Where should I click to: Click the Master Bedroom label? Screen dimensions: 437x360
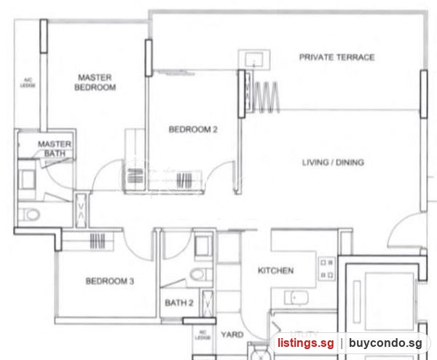(95, 82)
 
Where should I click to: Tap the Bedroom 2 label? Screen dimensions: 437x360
(193, 130)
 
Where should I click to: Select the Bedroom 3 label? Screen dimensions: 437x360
(110, 281)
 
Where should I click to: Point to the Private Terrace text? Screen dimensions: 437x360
(336, 57)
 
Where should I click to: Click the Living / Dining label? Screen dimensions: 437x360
(333, 163)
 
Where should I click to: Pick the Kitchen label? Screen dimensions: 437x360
(275, 270)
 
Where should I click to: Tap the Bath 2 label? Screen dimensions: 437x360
(179, 302)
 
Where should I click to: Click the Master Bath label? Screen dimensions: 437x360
(55, 149)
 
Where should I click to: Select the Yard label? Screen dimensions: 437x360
(232, 334)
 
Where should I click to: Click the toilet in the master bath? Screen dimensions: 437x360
(31, 215)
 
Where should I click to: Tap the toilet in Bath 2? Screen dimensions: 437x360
(198, 275)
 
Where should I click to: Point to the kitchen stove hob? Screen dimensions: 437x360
(327, 269)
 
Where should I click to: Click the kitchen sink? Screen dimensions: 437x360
(296, 298)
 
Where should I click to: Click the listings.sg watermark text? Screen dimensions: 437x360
(305, 343)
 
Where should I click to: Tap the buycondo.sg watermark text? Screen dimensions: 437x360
(385, 343)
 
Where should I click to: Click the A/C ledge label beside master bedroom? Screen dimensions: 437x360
(28, 83)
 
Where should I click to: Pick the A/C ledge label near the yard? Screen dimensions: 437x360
(202, 335)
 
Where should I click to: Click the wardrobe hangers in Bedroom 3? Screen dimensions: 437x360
(98, 241)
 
